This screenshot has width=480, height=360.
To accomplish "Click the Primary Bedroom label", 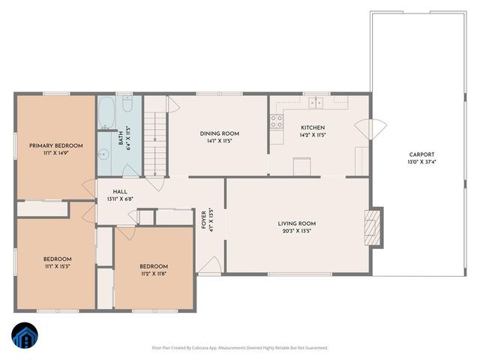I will click(55, 145).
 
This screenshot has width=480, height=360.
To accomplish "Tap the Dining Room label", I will click(218, 133).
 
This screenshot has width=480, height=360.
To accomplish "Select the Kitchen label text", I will click(312, 127).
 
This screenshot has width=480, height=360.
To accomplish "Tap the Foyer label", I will click(203, 220).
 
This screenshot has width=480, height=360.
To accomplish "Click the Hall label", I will click(120, 191).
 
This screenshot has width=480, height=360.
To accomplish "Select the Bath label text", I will click(121, 139).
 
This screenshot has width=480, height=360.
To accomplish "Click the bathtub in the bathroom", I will click(106, 113).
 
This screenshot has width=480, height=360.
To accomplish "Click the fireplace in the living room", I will click(372, 227).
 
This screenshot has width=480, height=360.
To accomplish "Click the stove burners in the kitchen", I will click(277, 120).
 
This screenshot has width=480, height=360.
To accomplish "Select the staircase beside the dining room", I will click(154, 142).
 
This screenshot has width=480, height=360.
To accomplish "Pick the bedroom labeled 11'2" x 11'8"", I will click(154, 270).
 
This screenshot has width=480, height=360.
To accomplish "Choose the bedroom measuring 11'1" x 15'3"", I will click(55, 263).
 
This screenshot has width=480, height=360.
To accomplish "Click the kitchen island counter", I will click(302, 166).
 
